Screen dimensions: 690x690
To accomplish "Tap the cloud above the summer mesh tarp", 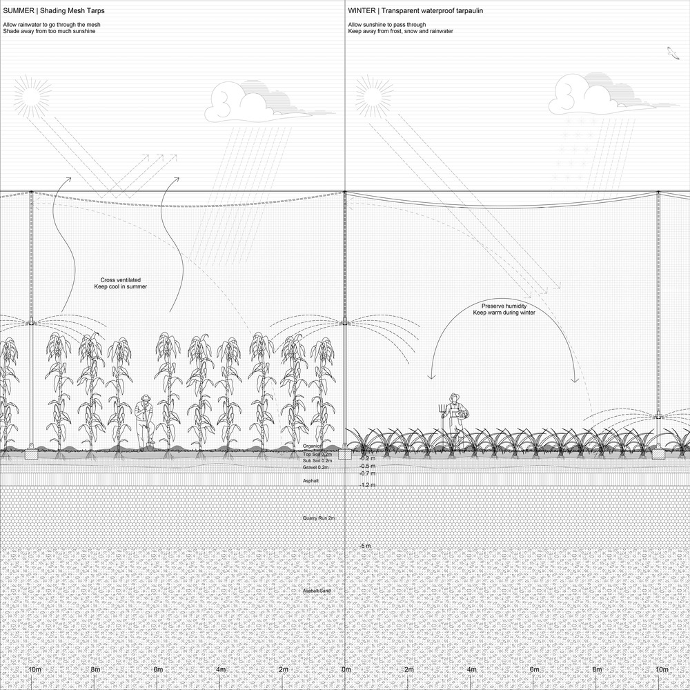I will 242,101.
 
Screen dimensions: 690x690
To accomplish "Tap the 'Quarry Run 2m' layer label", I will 319,517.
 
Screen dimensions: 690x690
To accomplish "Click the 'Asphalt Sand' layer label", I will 317,591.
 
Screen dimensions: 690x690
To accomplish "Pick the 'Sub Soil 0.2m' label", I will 317,461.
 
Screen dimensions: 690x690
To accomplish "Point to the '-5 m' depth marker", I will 365,546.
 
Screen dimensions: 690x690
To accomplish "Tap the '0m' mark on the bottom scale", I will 346,670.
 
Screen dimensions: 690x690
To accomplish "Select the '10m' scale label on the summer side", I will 34,670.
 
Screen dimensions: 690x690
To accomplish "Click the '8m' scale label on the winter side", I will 598,670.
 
